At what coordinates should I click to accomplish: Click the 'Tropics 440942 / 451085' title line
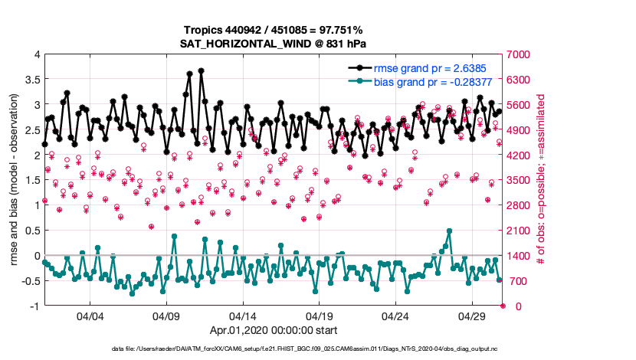pyautogui.click(x=273, y=29)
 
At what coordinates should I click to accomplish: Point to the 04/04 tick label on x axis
pyautogui.click(x=90, y=316)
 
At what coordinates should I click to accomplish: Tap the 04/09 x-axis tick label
pyautogui.click(x=166, y=316)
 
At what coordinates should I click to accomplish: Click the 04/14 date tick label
pyautogui.click(x=243, y=316)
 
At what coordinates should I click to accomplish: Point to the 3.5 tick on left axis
pyautogui.click(x=31, y=79)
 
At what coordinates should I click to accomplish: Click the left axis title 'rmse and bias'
pyautogui.click(x=15, y=180)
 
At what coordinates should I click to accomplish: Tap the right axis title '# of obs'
pyautogui.click(x=541, y=180)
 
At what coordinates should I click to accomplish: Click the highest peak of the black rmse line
pyautogui.click(x=201, y=70)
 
